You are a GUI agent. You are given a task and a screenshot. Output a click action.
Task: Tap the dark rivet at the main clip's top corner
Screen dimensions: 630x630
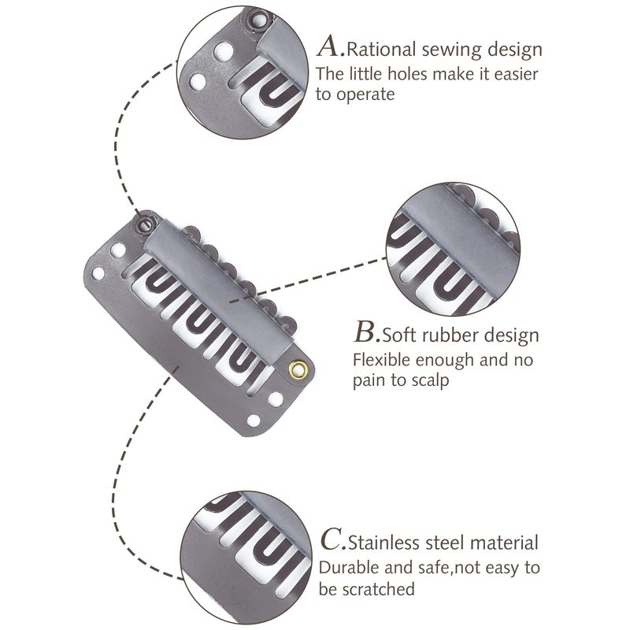point(145,224)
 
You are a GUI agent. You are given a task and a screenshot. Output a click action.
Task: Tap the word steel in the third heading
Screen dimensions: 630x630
point(447,543)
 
